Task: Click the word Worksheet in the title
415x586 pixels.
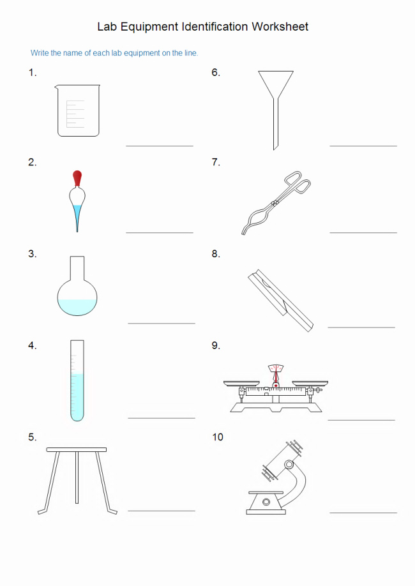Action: [280, 27]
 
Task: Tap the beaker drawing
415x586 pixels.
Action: [78, 110]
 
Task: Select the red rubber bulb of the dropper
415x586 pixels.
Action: [77, 178]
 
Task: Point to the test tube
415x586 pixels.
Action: [77, 380]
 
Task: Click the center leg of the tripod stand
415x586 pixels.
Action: [77, 477]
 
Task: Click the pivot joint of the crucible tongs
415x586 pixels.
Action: [276, 203]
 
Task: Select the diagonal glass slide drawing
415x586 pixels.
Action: [280, 300]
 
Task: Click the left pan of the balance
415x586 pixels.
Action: [241, 384]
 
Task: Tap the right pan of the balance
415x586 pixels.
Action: [310, 384]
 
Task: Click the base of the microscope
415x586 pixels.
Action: [266, 511]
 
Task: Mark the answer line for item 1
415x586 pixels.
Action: [160, 146]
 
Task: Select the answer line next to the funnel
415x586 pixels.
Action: [363, 146]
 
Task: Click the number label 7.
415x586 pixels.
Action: [216, 162]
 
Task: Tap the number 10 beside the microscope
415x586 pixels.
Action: [218, 437]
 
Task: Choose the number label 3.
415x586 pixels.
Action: [32, 254]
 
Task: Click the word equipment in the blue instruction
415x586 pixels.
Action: [142, 53]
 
